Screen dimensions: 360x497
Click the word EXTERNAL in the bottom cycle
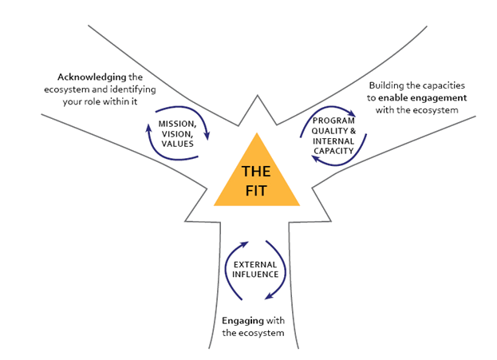pos(253,264)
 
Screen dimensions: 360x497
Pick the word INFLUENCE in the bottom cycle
pos(253,274)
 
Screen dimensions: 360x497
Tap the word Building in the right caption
pos(388,85)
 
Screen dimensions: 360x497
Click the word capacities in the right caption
pos(440,85)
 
